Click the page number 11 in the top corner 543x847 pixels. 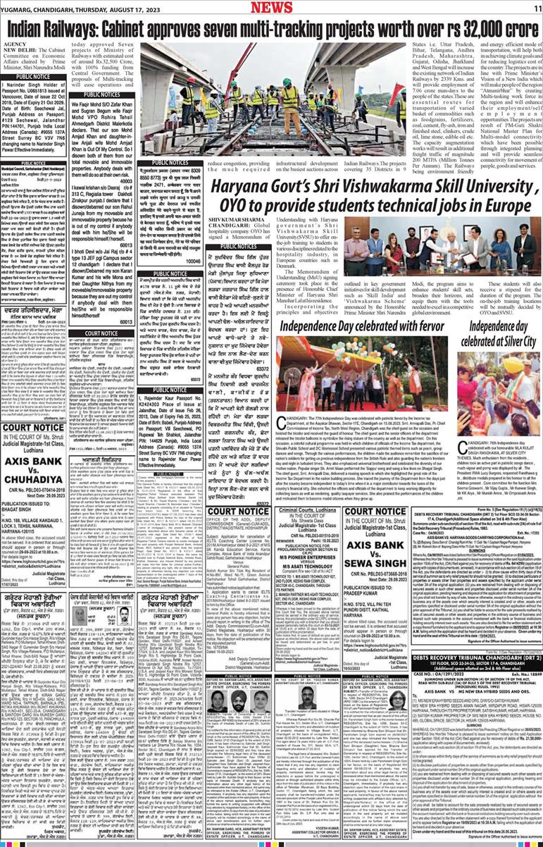click(535, 6)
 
